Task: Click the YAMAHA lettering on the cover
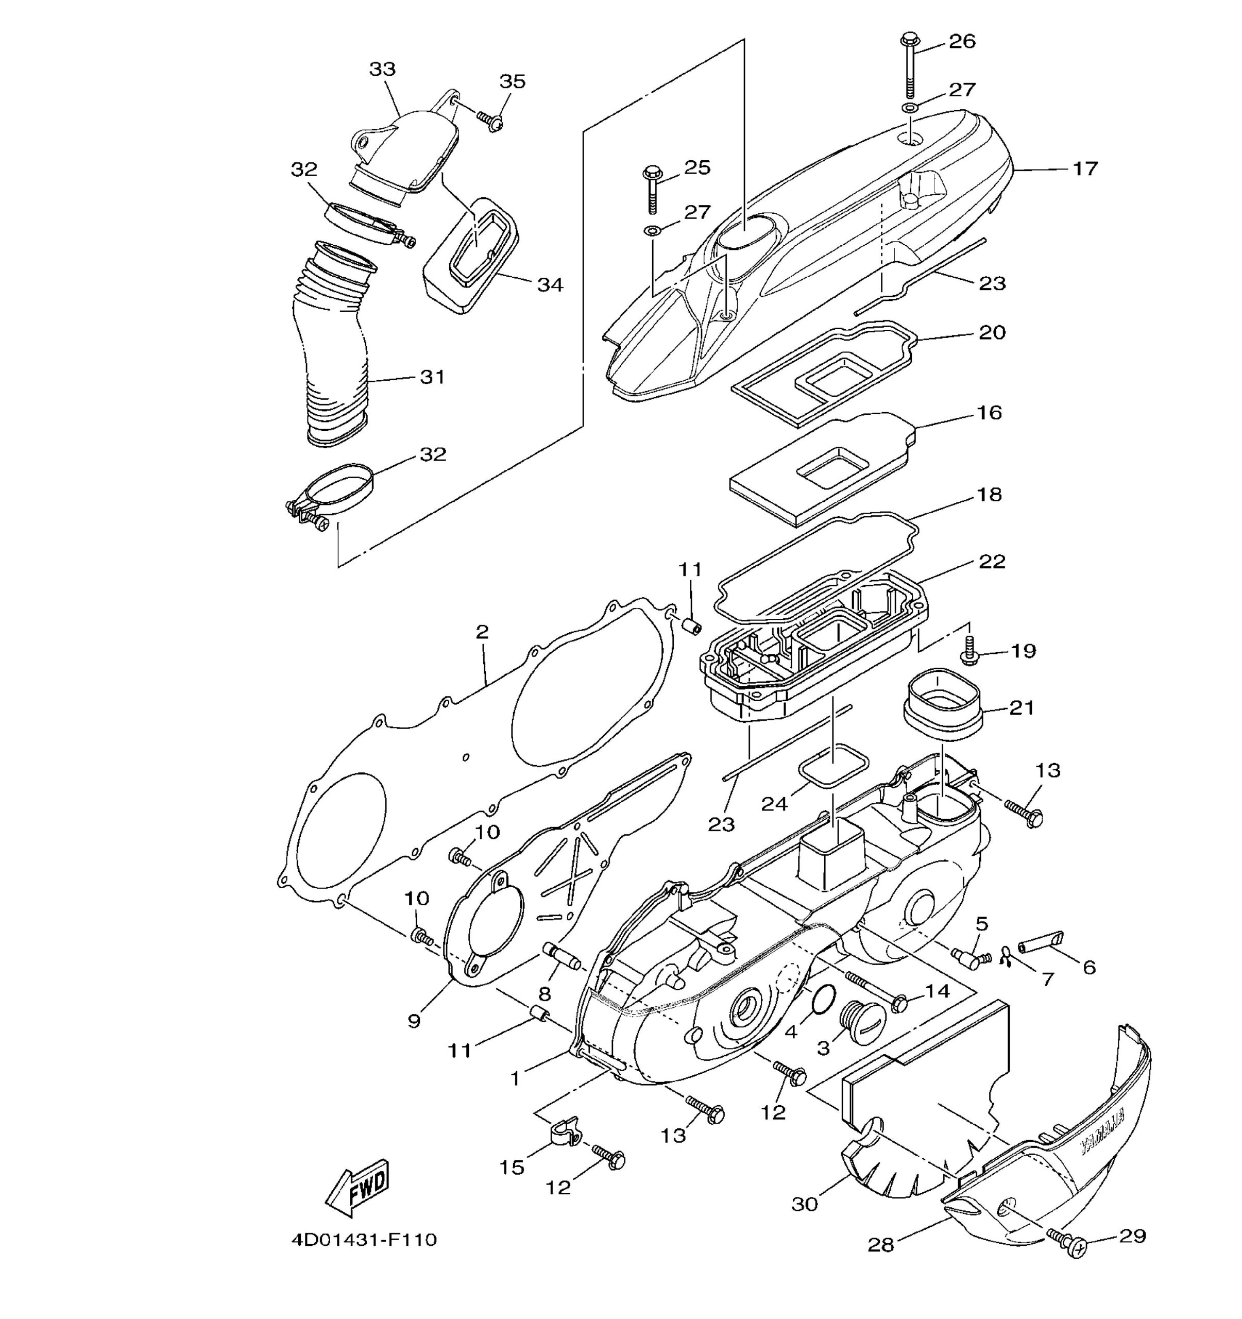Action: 1103,1134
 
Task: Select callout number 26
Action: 963,41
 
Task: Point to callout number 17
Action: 1085,168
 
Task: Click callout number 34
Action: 550,284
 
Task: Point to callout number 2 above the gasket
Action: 482,632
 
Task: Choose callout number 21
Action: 1021,708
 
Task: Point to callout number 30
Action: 805,1204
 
